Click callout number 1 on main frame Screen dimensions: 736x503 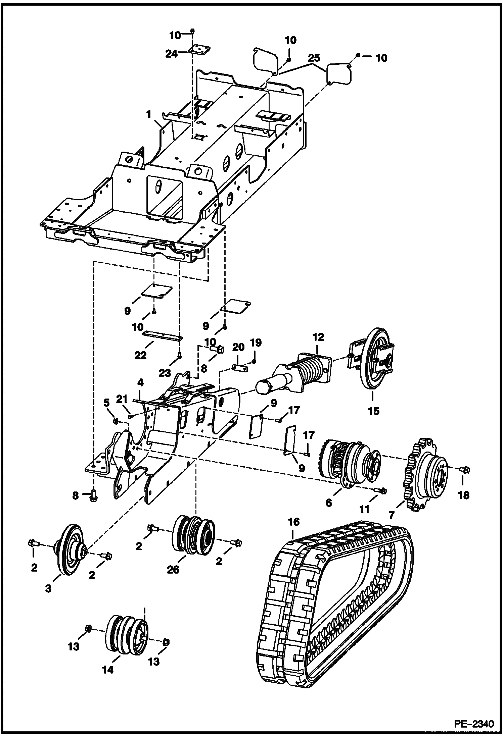pyautogui.click(x=148, y=115)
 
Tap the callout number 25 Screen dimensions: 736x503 pyautogui.click(x=314, y=58)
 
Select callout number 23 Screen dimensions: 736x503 pyautogui.click(x=165, y=373)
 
